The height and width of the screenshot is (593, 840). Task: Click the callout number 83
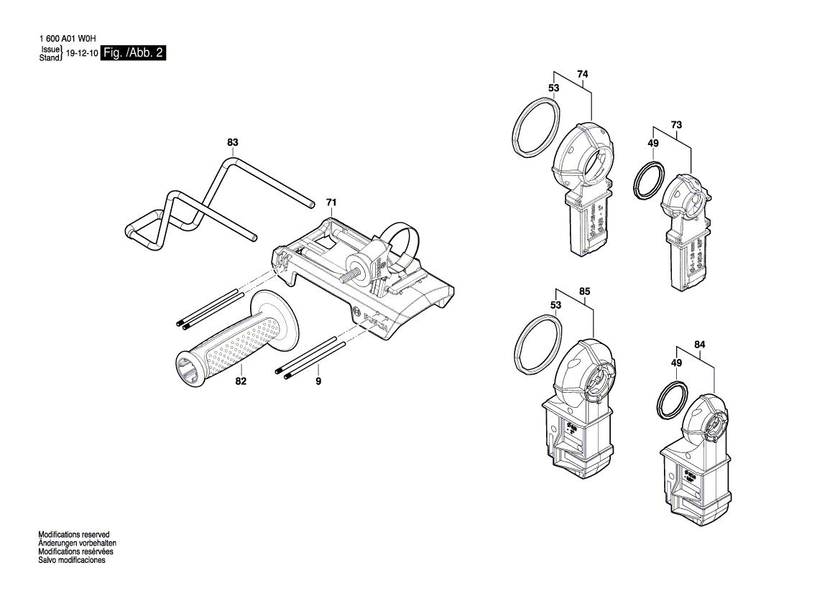[x=232, y=143]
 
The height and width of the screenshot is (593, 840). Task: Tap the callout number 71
[x=331, y=202]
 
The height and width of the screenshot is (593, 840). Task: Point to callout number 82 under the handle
[x=241, y=381]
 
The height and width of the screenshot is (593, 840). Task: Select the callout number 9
[x=318, y=381]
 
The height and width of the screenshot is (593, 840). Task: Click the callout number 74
[x=582, y=74]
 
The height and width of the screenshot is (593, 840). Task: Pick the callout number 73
[x=676, y=126]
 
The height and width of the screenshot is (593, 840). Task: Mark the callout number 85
[x=584, y=291]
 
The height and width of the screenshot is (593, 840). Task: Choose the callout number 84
[x=700, y=345]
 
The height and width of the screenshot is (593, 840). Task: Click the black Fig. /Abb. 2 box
[x=134, y=53]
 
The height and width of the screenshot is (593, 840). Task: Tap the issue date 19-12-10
[x=82, y=54]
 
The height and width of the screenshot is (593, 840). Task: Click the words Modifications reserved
[x=73, y=535]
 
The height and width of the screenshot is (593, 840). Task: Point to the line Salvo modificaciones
[x=71, y=560]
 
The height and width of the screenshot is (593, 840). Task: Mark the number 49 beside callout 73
[x=652, y=144]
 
